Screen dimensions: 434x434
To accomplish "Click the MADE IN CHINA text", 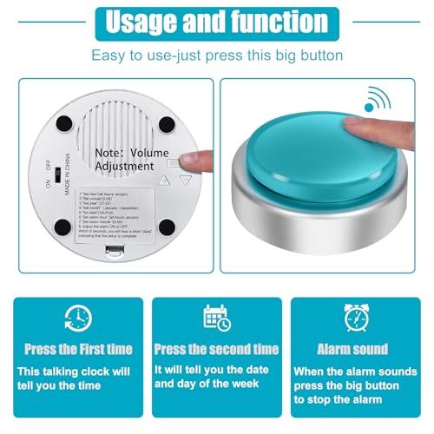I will (x=67, y=179).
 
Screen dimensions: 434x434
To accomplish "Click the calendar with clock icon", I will (x=217, y=319).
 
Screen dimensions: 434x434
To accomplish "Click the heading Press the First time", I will (x=78, y=349).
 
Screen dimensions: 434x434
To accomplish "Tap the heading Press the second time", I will (x=217, y=349).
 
